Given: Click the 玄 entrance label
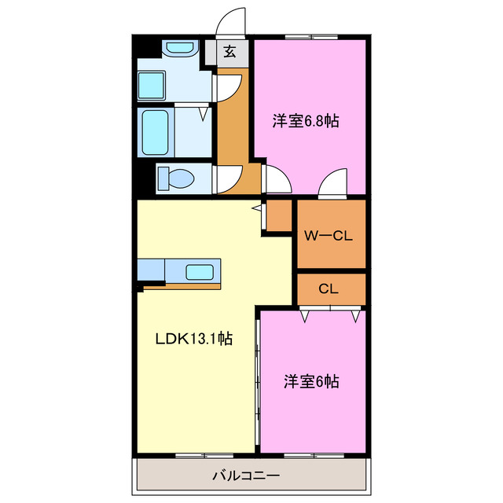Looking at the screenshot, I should click(x=229, y=53).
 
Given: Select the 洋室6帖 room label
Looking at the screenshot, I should click(x=311, y=382).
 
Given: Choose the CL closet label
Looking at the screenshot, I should click(x=329, y=288).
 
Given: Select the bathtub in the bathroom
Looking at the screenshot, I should click(x=155, y=132).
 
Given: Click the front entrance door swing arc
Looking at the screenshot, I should click(x=230, y=20).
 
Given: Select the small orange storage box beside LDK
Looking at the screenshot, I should click(x=280, y=215).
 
